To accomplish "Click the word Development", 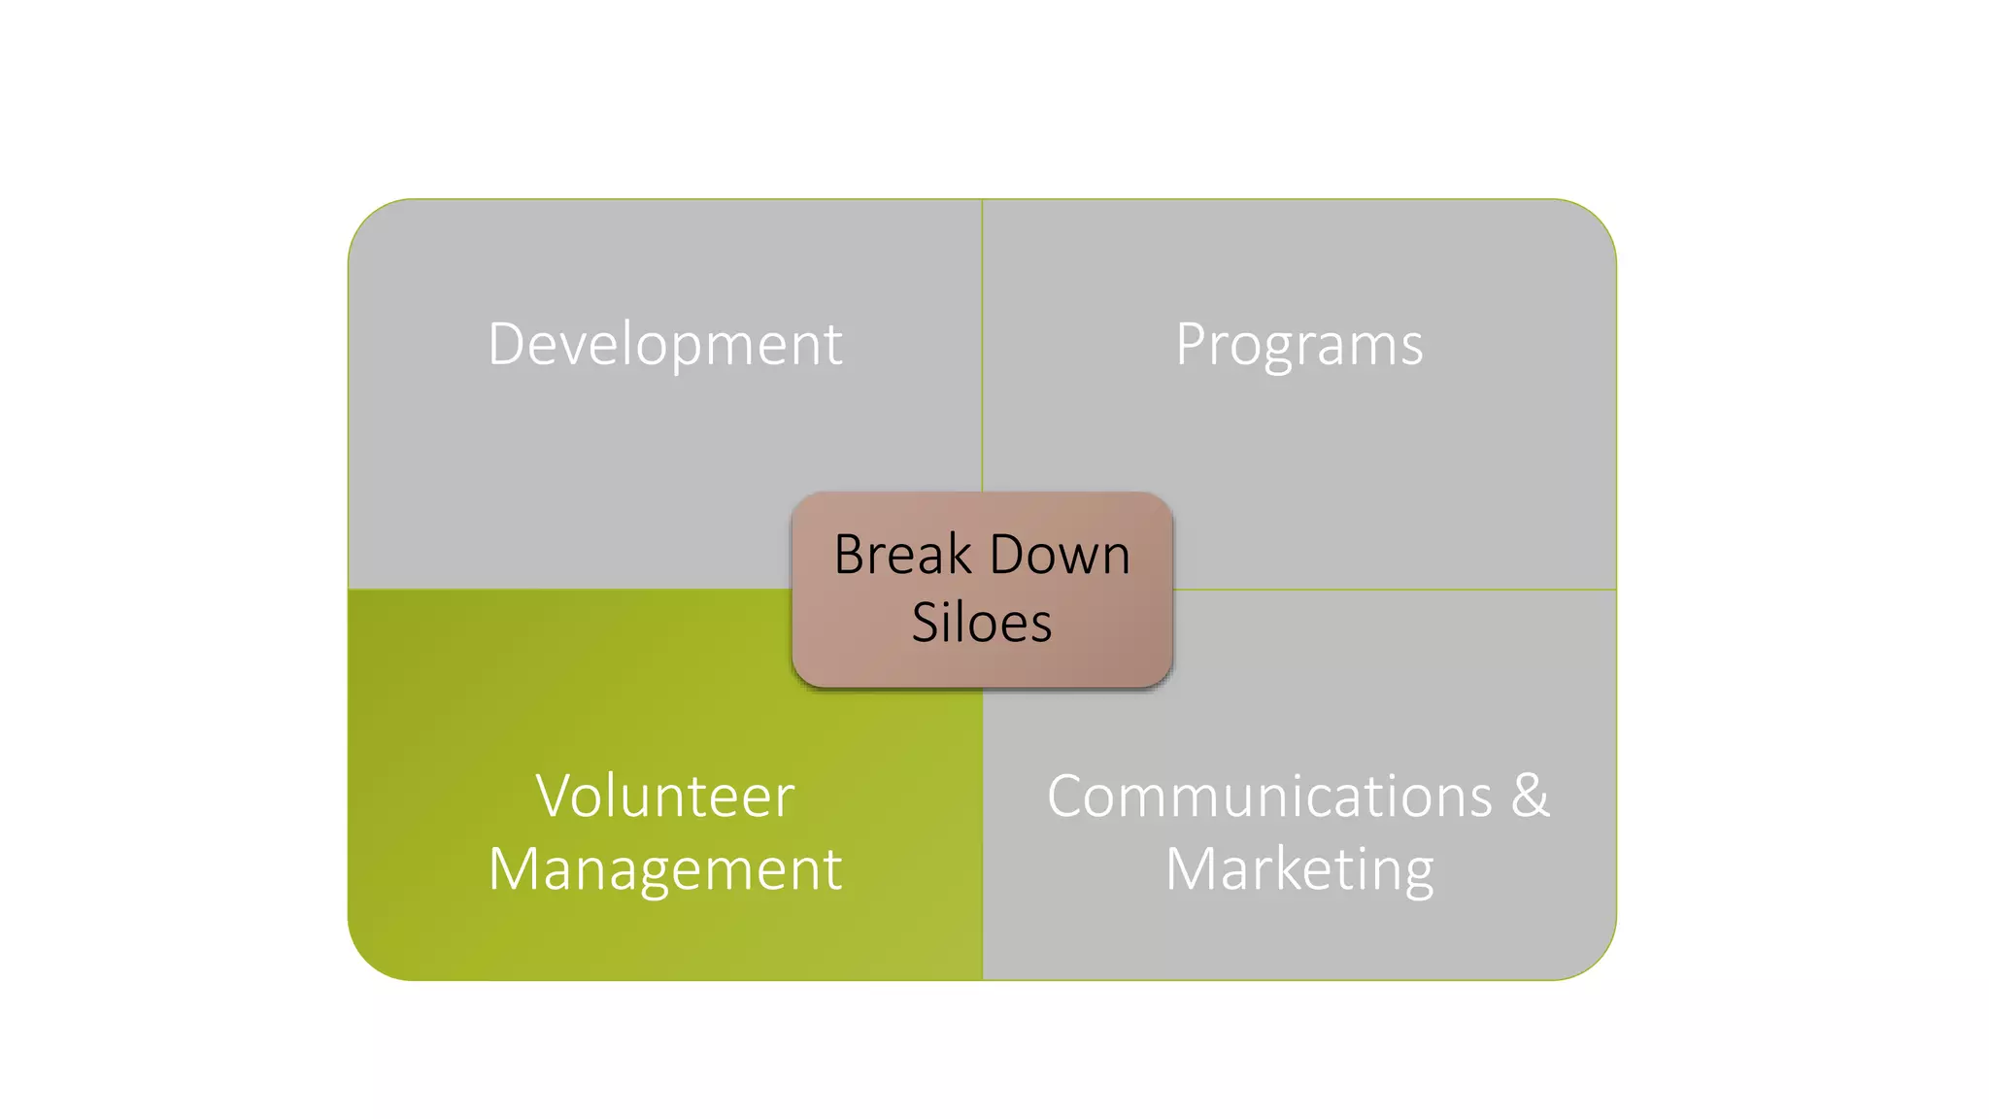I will click(665, 345).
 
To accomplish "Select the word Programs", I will click(1299, 345).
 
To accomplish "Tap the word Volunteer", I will click(665, 797).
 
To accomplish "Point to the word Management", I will click(665, 869).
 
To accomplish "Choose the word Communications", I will click(1269, 797).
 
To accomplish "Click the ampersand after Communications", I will click(1530, 797).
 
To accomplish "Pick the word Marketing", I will click(1299, 869).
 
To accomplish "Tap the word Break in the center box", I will click(903, 555).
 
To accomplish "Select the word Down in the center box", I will click(1061, 555).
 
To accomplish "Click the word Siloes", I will click(982, 623).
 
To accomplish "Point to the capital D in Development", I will click(506, 344).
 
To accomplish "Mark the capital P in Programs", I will click(1192, 344).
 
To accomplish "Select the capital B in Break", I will click(850, 555).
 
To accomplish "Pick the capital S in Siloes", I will click(926, 623).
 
